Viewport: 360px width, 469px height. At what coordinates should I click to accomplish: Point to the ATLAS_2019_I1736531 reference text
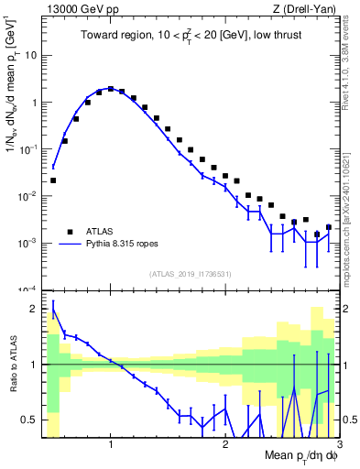coord(190,273)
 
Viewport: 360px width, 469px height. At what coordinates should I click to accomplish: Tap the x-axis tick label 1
coord(111,443)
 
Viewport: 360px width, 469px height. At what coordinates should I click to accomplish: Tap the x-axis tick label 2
coord(225,443)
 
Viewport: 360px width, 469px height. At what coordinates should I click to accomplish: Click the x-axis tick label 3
coord(338,443)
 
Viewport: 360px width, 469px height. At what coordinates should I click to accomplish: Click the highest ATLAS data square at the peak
coord(111,89)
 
